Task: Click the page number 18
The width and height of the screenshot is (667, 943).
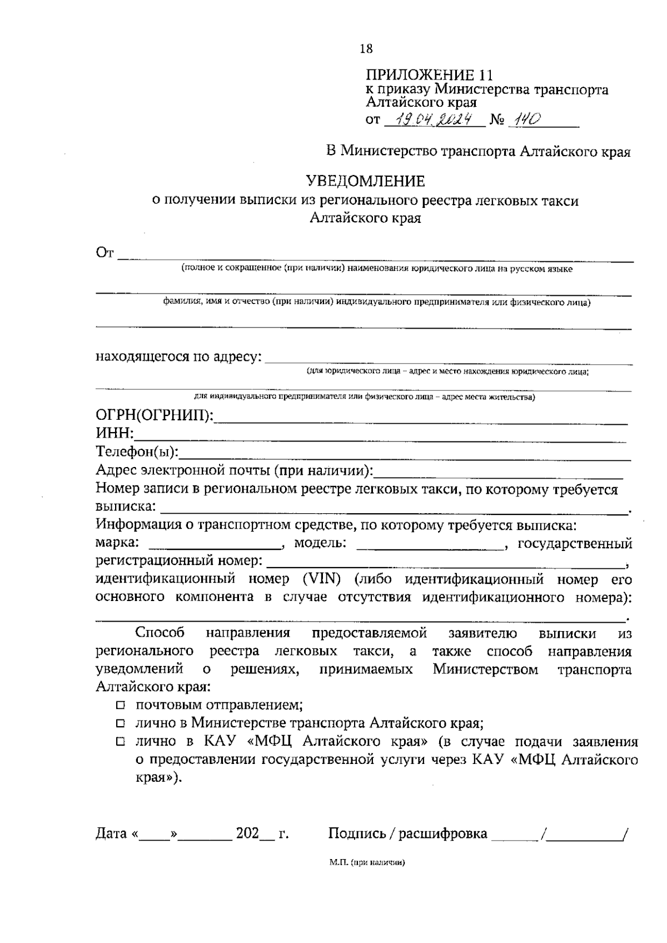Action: (366, 49)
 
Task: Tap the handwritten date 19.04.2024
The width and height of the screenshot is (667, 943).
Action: (435, 119)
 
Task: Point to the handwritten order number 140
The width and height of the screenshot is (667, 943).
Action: (525, 119)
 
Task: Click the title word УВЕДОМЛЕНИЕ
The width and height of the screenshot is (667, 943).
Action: (366, 181)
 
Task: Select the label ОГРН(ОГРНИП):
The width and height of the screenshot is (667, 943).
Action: (155, 416)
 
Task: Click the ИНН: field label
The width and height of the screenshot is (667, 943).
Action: (116, 434)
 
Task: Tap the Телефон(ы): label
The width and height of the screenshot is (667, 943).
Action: (137, 451)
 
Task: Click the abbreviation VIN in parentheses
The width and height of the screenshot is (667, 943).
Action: (322, 579)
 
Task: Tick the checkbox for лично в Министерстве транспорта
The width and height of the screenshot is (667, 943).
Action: (121, 724)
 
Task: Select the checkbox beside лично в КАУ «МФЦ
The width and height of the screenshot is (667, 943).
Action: (121, 742)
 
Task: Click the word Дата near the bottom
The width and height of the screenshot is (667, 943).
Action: (111, 833)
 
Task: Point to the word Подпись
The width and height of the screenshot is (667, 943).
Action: (355, 833)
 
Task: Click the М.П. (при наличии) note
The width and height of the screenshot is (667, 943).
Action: (366, 863)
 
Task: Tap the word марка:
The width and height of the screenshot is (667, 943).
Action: (117, 543)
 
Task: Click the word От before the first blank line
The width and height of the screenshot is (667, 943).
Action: (104, 254)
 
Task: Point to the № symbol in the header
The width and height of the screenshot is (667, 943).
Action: (496, 120)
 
